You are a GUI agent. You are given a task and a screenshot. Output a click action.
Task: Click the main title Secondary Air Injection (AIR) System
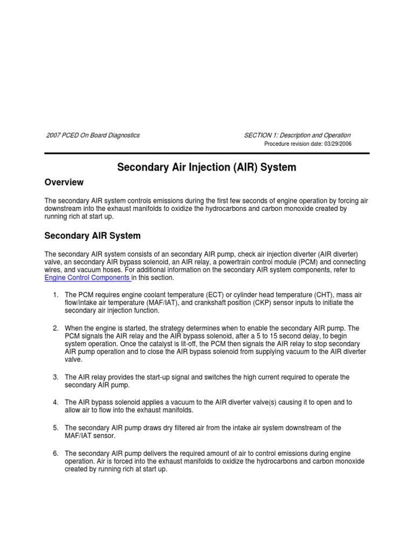tap(207, 167)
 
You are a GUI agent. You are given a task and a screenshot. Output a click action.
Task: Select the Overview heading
tap(64, 182)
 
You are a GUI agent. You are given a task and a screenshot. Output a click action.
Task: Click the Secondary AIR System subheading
tap(92, 236)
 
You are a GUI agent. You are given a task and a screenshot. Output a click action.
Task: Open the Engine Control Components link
tap(87, 278)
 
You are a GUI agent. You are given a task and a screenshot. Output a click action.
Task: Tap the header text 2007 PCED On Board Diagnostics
tap(92, 135)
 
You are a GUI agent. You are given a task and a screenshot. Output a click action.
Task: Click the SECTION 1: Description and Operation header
tap(297, 135)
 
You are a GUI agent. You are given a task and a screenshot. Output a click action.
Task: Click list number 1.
tap(56, 295)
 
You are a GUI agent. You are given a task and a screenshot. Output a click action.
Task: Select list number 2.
tap(56, 328)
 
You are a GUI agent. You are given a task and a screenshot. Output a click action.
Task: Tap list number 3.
tap(56, 377)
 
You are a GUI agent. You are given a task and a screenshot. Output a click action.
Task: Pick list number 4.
tap(56, 402)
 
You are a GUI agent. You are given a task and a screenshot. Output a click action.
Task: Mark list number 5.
tap(56, 428)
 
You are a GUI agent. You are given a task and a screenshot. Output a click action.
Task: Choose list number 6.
tap(56, 453)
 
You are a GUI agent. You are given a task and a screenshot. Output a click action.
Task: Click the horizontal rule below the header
tap(207, 153)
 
